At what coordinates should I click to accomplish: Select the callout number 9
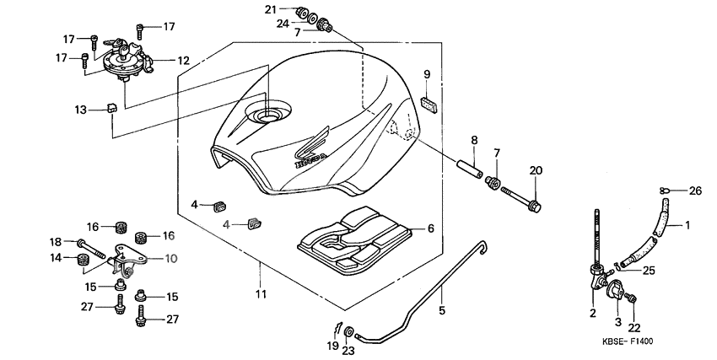[x=427, y=73]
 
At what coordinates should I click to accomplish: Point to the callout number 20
[x=535, y=170]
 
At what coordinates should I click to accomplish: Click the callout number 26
[x=696, y=191]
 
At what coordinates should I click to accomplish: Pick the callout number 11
[x=261, y=293]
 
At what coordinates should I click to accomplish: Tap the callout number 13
[x=80, y=110]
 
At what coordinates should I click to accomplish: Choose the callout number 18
[x=57, y=242]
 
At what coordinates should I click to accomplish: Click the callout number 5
[x=440, y=310]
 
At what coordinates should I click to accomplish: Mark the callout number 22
[x=634, y=328]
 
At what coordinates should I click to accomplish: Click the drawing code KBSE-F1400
[x=628, y=342]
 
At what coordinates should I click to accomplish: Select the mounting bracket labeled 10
[x=127, y=259]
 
